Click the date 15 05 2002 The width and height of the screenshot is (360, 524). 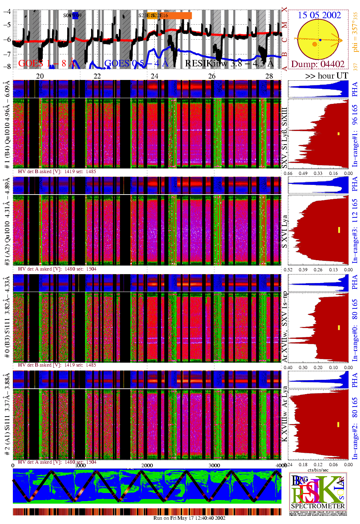pyautogui.click(x=319, y=15)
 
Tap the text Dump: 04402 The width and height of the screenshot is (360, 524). pyautogui.click(x=317, y=64)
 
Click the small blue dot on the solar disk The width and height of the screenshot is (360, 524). pyautogui.click(x=320, y=40)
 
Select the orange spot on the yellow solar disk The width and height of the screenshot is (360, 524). pyautogui.click(x=315, y=44)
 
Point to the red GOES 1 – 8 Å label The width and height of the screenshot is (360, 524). pyautogui.click(x=47, y=64)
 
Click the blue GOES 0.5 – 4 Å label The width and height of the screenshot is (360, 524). pyautogui.click(x=136, y=64)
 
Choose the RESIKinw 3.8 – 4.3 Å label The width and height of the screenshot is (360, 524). pyautogui.click(x=229, y=64)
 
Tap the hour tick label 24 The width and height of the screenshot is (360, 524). pyautogui.click(x=154, y=76)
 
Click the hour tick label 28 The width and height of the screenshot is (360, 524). pyautogui.click(x=269, y=76)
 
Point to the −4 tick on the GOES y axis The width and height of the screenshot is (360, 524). pyautogui.click(x=7, y=11)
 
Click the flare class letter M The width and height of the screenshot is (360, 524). pyautogui.click(x=285, y=25)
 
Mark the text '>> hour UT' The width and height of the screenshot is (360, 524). pyautogui.click(x=326, y=76)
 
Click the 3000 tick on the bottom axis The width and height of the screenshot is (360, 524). pyautogui.click(x=214, y=465)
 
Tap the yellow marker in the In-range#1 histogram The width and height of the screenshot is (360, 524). pyautogui.click(x=339, y=134)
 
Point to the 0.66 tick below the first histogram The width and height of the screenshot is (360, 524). pyautogui.click(x=288, y=173)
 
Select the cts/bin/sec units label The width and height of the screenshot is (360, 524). pyautogui.click(x=318, y=470)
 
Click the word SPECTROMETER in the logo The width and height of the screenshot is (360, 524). pyautogui.click(x=318, y=506)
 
